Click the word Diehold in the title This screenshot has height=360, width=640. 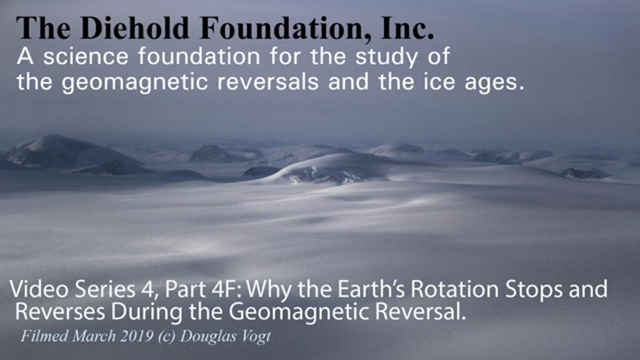135,28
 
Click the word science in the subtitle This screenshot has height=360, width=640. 86,56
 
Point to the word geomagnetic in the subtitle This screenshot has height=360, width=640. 134,83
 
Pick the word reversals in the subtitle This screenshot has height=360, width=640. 268,82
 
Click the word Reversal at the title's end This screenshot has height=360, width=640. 420,311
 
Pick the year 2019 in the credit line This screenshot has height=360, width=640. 136,336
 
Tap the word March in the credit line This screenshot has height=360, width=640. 93,336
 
